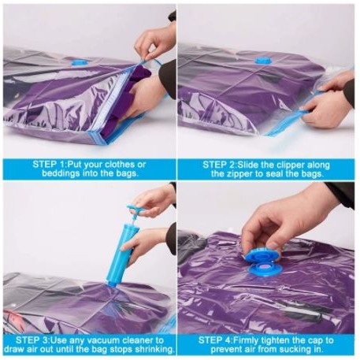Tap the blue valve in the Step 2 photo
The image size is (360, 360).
(262, 61)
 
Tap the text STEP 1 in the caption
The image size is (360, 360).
(48, 165)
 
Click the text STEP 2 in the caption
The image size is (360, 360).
(218, 165)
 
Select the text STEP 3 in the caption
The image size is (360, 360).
(32, 340)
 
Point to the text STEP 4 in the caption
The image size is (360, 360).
(214, 340)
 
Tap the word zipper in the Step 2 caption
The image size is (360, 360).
(238, 174)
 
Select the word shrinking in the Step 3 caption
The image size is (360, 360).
(154, 350)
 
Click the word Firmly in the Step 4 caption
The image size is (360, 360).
(247, 340)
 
